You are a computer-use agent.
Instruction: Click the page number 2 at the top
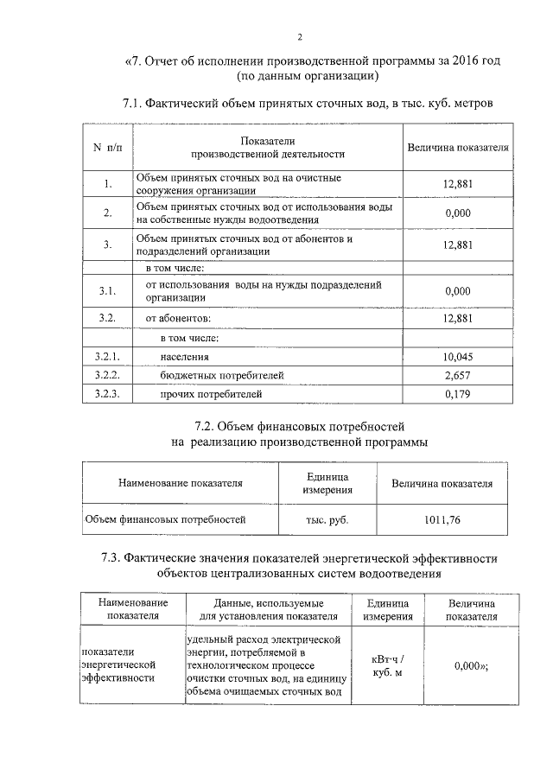pos(299,36)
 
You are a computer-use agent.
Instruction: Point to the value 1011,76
pos(442,520)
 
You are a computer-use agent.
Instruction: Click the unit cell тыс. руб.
pos(327,520)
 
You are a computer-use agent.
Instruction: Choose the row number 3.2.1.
pos(107,355)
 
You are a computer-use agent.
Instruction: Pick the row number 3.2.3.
pos(107,395)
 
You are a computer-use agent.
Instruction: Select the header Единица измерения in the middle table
pos(327,483)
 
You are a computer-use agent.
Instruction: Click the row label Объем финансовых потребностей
pos(165,520)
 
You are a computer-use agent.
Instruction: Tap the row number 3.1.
pos(107,291)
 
